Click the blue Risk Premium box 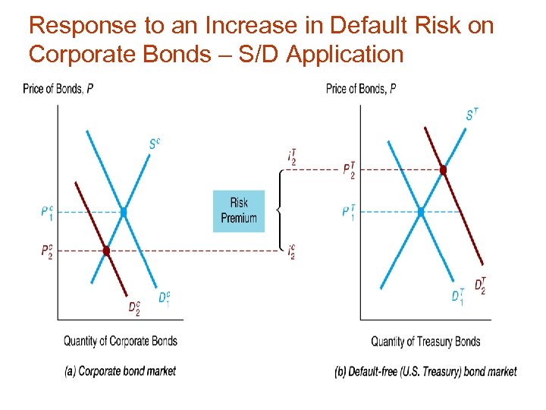239,210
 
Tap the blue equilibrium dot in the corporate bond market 123,213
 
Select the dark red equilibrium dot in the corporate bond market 106,251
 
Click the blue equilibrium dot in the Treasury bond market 421,213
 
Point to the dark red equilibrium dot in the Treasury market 444,170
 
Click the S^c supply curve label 155,143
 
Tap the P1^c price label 47,212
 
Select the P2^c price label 47,251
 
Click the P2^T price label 349,170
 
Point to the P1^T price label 348,213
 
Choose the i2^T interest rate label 292,157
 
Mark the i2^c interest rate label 292,251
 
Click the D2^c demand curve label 133,307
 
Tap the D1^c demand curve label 164,298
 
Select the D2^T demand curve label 480,285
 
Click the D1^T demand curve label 457,297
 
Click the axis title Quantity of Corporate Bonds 121,341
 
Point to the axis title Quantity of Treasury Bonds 425,342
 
